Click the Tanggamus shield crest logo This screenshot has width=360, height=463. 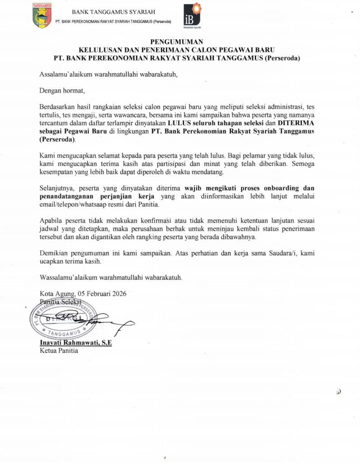click(42, 15)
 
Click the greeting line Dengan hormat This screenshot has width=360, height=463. click(62, 90)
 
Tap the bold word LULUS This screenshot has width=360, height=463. click(178, 122)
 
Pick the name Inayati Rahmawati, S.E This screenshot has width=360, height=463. click(76, 343)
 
